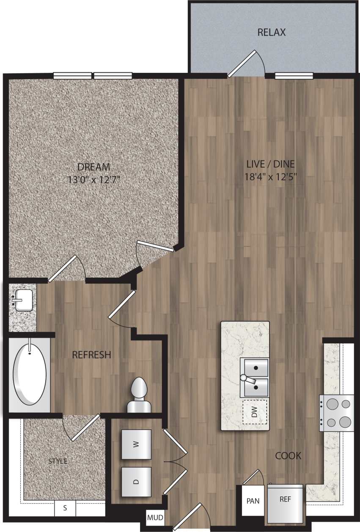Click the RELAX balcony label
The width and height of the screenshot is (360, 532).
272,32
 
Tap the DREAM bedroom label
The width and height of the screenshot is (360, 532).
94,167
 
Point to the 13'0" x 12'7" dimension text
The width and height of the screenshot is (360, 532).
94,179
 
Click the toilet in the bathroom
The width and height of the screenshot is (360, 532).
139,396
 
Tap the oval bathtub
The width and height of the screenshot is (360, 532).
30,372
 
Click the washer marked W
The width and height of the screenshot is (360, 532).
136,444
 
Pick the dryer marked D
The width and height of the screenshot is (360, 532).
136,482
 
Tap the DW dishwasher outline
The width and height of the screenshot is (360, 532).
255,412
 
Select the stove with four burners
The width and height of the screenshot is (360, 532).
337,413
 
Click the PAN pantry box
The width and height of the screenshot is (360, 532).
253,501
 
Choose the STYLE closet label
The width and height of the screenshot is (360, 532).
58,461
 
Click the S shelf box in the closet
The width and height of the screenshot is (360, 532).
65,508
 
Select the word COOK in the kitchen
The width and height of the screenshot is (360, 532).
288,456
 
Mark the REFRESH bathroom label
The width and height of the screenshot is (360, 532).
91,355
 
